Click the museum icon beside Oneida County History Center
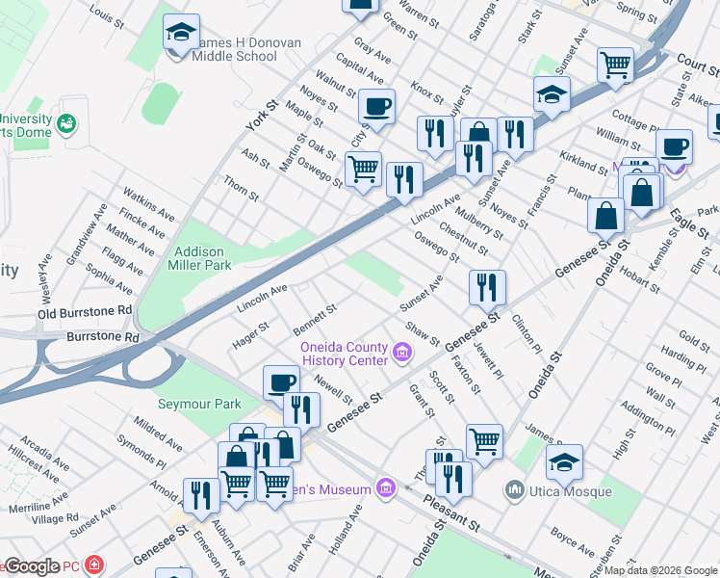(403, 354)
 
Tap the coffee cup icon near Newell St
(280, 382)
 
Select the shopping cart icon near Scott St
(484, 441)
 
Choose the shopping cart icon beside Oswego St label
(363, 170)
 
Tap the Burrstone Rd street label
(103, 339)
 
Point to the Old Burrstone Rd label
(85, 312)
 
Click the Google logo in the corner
(31, 566)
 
